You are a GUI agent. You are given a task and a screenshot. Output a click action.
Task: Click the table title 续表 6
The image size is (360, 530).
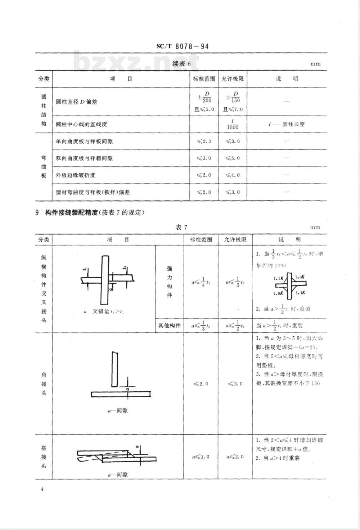click(x=181, y=64)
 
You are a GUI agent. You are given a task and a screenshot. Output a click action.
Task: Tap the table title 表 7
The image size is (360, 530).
click(x=181, y=227)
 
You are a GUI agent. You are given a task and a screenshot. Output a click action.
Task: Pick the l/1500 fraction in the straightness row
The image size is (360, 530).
click(x=233, y=124)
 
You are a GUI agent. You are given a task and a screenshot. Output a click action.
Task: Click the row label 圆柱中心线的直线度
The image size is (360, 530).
click(x=81, y=124)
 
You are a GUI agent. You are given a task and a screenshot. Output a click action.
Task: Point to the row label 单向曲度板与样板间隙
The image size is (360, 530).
click(x=84, y=141)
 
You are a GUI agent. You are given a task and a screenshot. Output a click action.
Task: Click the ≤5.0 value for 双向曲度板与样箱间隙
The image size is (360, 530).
click(x=233, y=158)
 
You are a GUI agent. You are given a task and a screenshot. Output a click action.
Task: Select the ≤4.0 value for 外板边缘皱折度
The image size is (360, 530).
click(x=233, y=175)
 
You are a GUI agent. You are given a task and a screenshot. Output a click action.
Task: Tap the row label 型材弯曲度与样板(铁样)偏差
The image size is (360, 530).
click(x=93, y=192)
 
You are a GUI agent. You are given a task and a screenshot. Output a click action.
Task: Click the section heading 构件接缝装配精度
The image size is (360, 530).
click(x=72, y=212)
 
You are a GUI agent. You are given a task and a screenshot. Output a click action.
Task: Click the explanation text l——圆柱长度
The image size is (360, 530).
click(x=287, y=124)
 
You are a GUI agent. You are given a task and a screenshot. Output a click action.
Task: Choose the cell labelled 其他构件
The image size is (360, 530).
click(x=170, y=325)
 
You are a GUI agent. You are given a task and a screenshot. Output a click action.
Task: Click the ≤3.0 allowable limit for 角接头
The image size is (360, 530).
click(x=235, y=383)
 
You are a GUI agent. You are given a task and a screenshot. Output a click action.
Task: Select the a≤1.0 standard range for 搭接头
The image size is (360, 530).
click(x=201, y=457)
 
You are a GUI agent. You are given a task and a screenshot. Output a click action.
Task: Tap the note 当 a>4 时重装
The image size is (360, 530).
click(x=278, y=458)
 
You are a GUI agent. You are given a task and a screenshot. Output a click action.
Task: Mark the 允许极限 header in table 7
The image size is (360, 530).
click(x=235, y=239)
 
